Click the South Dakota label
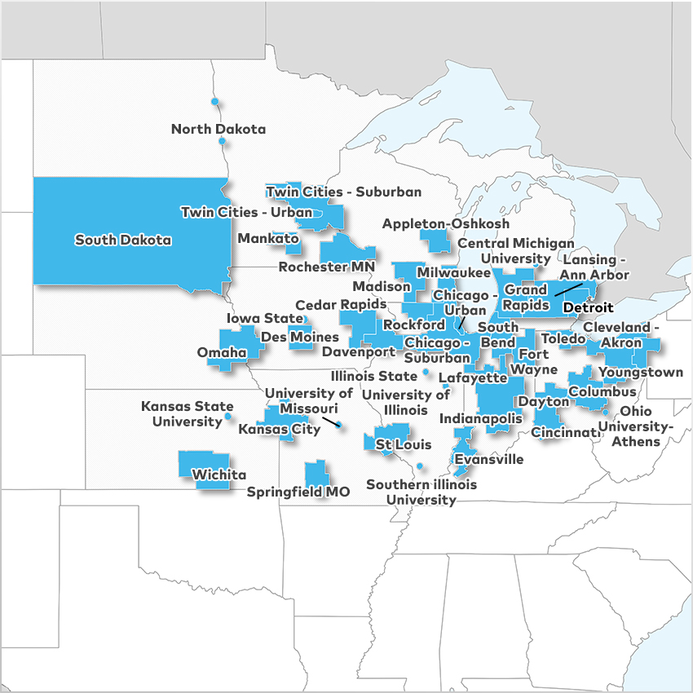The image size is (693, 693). pyautogui.click(x=123, y=240)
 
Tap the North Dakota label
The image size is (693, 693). pyautogui.click(x=218, y=129)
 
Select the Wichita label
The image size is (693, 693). pyautogui.click(x=218, y=475)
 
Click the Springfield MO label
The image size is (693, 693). pyautogui.click(x=298, y=492)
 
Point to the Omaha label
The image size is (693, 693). pyautogui.click(x=222, y=352)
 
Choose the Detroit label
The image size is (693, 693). pyautogui.click(x=587, y=307)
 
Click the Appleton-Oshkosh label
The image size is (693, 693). pyautogui.click(x=446, y=223)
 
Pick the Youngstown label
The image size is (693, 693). pyautogui.click(x=641, y=373)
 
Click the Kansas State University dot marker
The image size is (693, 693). pyautogui.click(x=227, y=417)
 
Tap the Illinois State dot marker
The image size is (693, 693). pyautogui.click(x=426, y=373)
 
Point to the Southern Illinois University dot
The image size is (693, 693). pyautogui.click(x=420, y=466)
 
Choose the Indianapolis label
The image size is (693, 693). pyautogui.click(x=480, y=418)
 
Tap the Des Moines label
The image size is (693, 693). pyautogui.click(x=299, y=337)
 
